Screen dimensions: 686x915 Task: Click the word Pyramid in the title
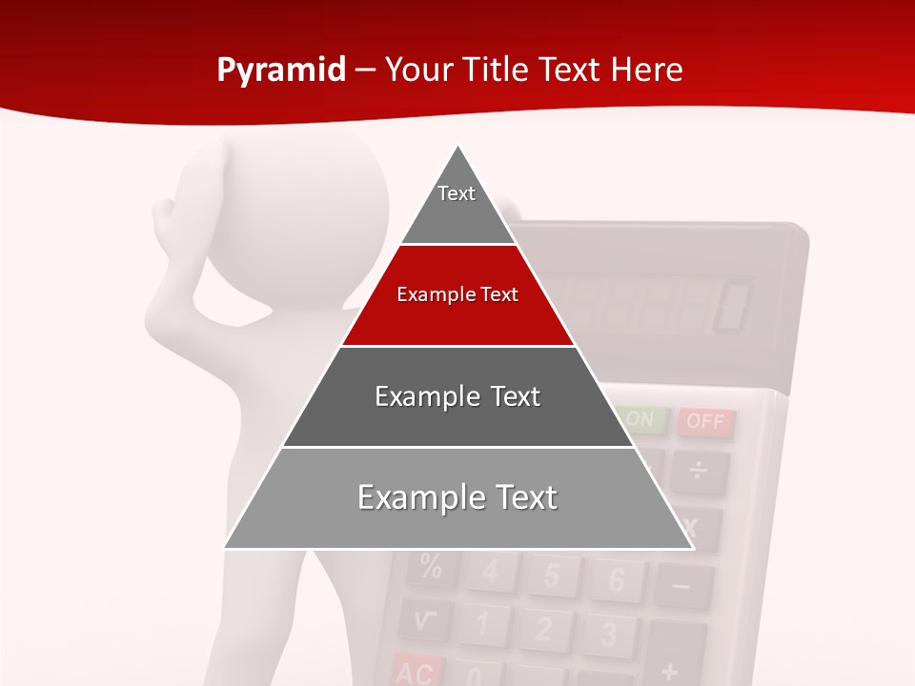point(281,71)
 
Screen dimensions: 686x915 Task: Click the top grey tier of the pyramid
point(457,205)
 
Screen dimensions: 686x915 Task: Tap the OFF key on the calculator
point(706,421)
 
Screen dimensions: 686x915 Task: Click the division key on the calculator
point(699,471)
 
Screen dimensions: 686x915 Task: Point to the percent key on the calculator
point(431,569)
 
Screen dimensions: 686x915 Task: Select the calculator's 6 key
point(616,579)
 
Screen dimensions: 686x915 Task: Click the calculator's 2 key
point(543,629)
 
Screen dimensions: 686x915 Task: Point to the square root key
point(425,620)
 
